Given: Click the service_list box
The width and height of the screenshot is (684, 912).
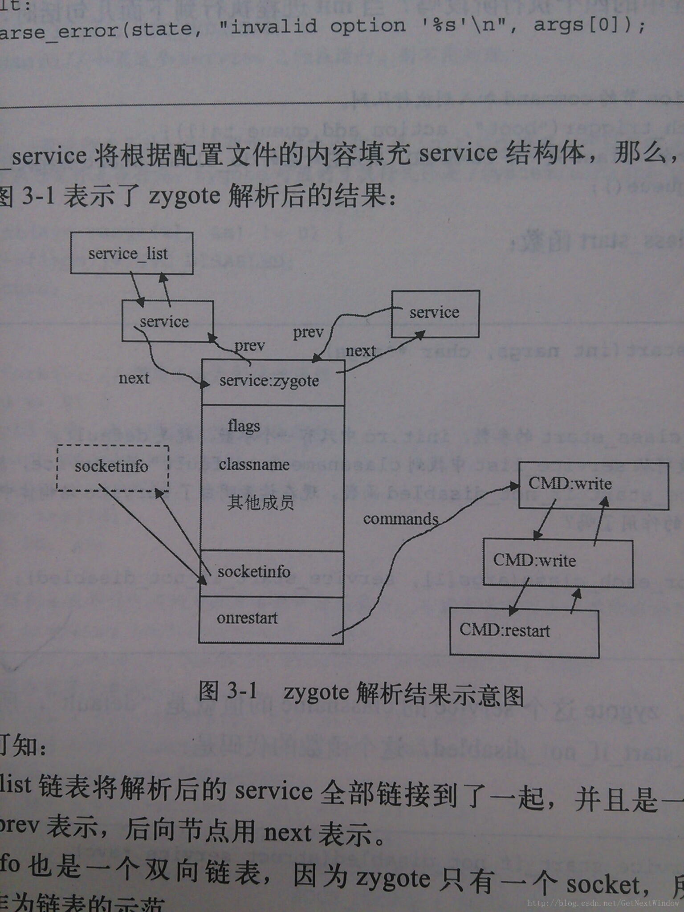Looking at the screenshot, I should [131, 253].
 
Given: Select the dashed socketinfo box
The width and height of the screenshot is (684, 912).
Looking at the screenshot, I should [112, 467].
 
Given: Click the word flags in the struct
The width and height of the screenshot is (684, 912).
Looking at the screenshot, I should [244, 426].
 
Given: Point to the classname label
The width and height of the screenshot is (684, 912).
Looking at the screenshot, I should [254, 465].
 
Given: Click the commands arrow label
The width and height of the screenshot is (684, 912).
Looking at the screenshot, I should [400, 519].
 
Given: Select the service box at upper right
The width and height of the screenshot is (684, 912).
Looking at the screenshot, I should [435, 313].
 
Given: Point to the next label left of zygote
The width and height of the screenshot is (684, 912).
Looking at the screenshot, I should [134, 379].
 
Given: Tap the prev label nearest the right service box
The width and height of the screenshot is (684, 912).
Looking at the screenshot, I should [308, 332].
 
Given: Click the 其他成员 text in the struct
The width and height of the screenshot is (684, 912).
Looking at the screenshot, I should [261, 503].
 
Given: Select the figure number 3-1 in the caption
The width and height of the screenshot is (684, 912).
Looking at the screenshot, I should [242, 691].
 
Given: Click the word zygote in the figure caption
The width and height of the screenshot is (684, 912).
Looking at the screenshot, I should [316, 693].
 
